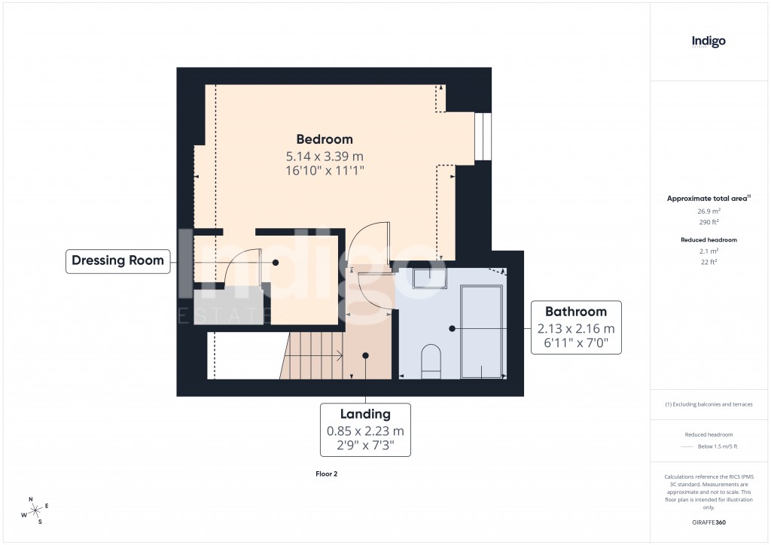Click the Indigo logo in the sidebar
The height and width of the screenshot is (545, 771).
(x=709, y=41)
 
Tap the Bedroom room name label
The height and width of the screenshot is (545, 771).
(x=324, y=139)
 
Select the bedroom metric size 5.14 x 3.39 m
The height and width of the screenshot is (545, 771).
(x=324, y=156)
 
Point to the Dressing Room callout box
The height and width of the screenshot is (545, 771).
(x=117, y=261)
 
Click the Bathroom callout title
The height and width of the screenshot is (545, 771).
(x=576, y=311)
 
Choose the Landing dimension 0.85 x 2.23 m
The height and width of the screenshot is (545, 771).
(x=365, y=431)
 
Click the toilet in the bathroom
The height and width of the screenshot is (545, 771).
(x=431, y=360)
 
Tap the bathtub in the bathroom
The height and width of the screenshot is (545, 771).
(x=481, y=331)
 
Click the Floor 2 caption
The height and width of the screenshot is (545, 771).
(x=326, y=474)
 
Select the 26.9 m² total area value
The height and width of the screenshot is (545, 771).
(x=708, y=212)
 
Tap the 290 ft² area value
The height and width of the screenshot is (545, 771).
(x=708, y=223)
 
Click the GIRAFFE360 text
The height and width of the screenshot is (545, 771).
(x=708, y=522)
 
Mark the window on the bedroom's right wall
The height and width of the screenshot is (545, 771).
(x=483, y=137)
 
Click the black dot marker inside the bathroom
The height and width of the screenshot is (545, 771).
(x=452, y=328)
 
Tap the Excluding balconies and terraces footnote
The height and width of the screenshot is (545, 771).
(x=708, y=404)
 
